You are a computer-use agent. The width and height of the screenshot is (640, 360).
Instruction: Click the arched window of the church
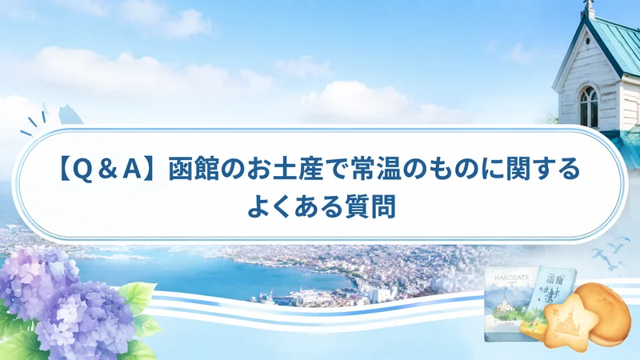(x=589, y=106)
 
